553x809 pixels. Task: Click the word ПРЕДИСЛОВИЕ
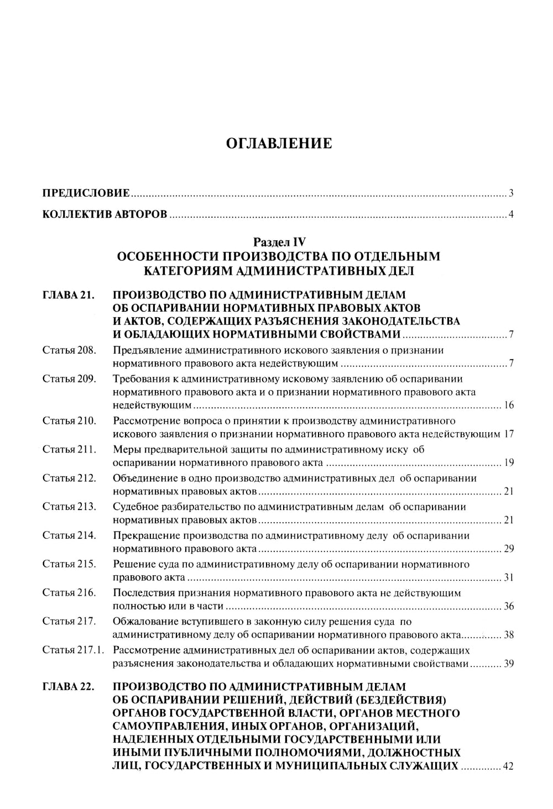(86, 193)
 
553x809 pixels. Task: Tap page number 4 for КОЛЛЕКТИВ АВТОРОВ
(512, 214)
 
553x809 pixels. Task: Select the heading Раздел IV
(279, 241)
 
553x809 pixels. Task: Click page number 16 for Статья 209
(509, 406)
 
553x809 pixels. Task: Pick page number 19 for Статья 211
(509, 463)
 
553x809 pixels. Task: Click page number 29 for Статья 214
(509, 549)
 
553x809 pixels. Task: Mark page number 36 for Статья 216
(509, 606)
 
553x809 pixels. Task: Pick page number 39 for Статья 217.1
(509, 664)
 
